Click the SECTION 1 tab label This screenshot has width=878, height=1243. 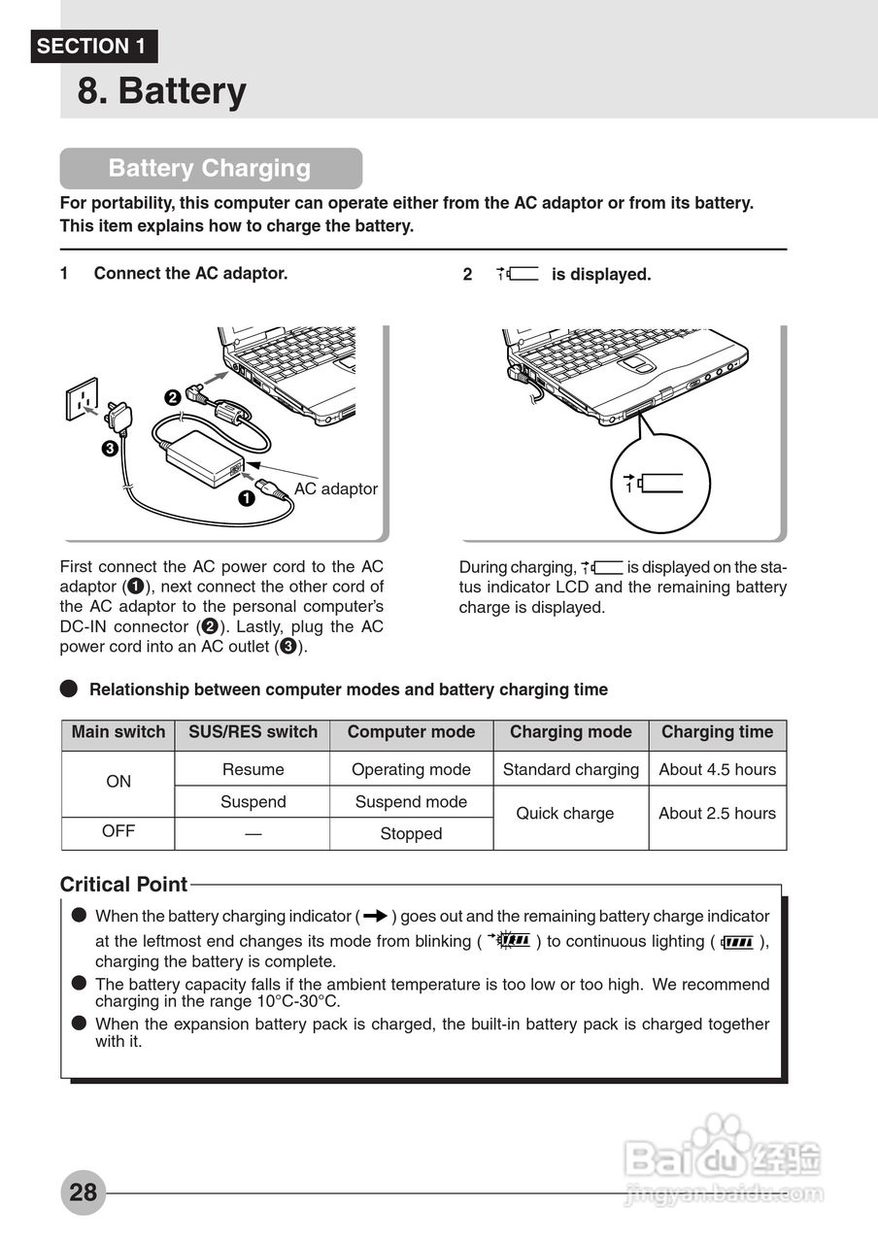[x=93, y=46]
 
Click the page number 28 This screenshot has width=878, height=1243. [x=83, y=1192]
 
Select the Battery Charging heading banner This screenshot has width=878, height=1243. [x=210, y=168]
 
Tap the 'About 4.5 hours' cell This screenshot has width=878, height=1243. [x=717, y=769]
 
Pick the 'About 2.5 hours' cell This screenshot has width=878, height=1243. [x=717, y=813]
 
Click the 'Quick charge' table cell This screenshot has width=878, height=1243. [x=564, y=813]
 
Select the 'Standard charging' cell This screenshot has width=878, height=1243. [x=570, y=769]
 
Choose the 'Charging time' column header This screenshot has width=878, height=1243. [x=717, y=732]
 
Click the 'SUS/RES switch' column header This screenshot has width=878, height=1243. [x=253, y=732]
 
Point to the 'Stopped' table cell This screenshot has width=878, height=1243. [x=411, y=833]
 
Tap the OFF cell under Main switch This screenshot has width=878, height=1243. [x=118, y=831]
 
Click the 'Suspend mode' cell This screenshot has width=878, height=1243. [x=411, y=801]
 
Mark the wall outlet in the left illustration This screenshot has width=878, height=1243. [x=82, y=398]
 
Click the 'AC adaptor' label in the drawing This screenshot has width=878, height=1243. [x=335, y=488]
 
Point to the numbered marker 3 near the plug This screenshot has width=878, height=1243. [x=110, y=449]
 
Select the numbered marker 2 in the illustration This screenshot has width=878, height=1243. [x=172, y=396]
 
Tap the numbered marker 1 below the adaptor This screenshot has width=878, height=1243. [x=246, y=498]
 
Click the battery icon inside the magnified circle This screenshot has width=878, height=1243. [x=655, y=483]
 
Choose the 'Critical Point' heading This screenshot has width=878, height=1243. [x=123, y=885]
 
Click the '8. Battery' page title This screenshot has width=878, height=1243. [x=161, y=91]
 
